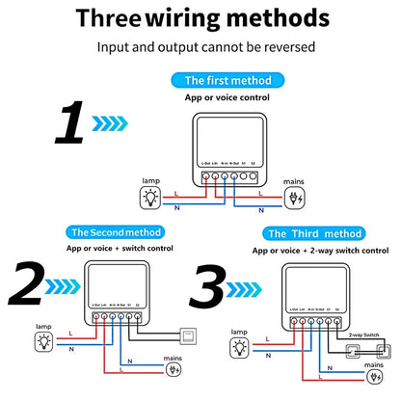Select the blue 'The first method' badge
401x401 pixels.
[227, 81]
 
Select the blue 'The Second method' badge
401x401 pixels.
[116, 232]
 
